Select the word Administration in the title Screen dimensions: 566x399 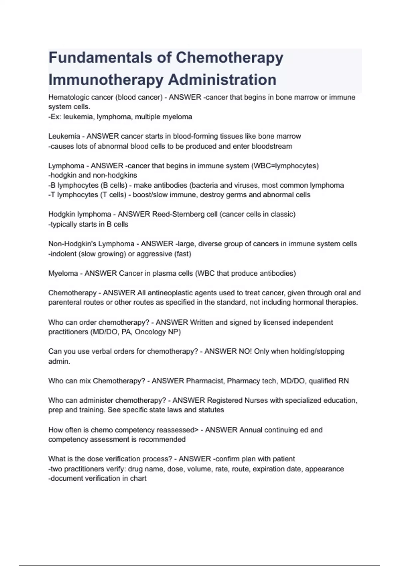click(x=222, y=80)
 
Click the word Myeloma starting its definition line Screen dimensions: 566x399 click(x=63, y=273)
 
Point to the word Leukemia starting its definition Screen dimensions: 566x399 click(x=64, y=136)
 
